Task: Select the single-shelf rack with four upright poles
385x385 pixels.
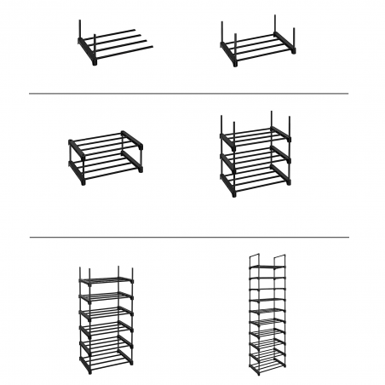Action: pos(258,46)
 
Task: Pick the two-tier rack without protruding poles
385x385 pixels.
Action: pos(104,159)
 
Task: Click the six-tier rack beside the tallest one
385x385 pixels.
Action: pos(106,319)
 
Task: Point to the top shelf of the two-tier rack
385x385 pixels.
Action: pos(104,141)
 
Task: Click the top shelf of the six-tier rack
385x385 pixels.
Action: pos(106,280)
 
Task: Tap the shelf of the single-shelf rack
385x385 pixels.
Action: pos(260,49)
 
